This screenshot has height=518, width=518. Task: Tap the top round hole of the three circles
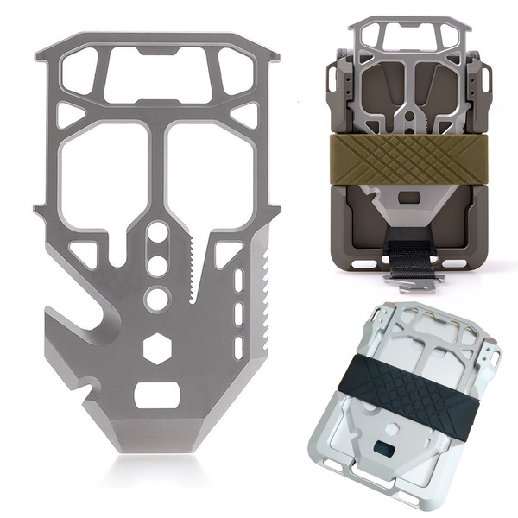157,233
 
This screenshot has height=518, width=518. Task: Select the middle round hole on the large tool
157,265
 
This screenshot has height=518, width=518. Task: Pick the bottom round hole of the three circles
157,299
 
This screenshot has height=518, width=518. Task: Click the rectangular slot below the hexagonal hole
157,395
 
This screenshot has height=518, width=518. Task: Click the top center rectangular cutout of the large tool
158,77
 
